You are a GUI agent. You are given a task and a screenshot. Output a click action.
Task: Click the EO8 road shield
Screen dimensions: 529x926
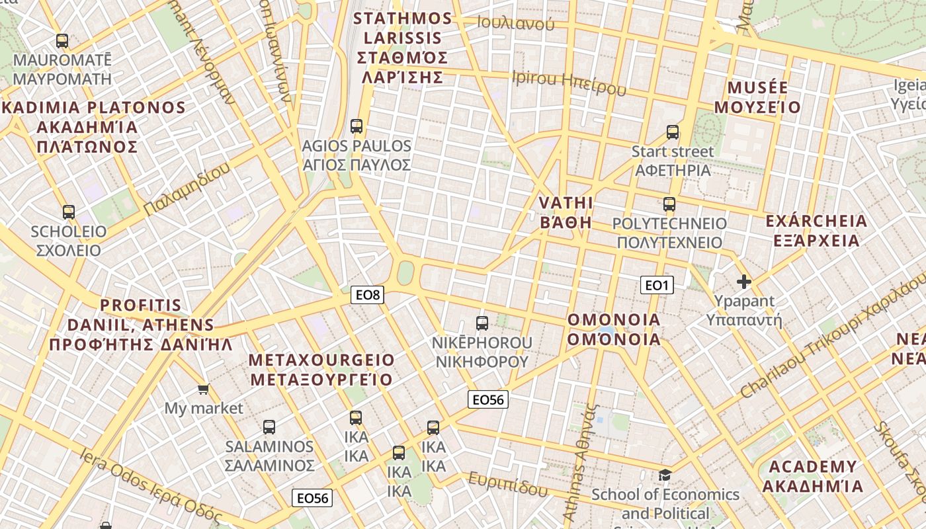pos(368,295)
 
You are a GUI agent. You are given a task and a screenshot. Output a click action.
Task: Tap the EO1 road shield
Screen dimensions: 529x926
pos(657,285)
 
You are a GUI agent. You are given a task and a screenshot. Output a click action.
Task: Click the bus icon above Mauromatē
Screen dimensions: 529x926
pos(62,41)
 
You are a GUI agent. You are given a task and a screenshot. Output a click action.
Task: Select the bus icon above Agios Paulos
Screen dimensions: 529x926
pos(357,126)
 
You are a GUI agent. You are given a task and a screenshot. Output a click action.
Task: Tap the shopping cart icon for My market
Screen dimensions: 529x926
pos(204,389)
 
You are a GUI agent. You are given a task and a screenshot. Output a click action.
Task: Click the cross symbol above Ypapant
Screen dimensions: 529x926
pos(744,282)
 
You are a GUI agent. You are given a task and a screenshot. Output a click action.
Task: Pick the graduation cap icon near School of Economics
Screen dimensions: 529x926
pos(665,475)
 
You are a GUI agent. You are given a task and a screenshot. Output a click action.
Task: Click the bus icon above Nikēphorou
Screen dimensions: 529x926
pos(482,323)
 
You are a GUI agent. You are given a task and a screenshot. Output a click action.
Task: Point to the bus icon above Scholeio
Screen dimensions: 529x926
pos(69,212)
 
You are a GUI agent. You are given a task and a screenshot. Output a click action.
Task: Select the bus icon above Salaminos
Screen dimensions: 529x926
pos(269,427)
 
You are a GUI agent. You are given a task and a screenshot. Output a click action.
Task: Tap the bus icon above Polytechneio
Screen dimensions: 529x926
pos(669,204)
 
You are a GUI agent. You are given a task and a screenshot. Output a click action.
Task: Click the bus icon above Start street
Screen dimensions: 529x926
pos(673,132)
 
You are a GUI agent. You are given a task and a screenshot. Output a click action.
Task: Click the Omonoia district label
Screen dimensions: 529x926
pos(614,329)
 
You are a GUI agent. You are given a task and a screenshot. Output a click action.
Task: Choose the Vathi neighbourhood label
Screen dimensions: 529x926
pos(566,212)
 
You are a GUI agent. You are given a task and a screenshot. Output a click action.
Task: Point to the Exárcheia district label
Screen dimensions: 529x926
pos(816,230)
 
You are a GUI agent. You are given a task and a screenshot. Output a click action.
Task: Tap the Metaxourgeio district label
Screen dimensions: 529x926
pos(321,370)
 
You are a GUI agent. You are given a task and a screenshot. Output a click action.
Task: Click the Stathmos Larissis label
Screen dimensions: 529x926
pos(403,48)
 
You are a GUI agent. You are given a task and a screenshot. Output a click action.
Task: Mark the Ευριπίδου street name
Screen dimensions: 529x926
pos(508,485)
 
